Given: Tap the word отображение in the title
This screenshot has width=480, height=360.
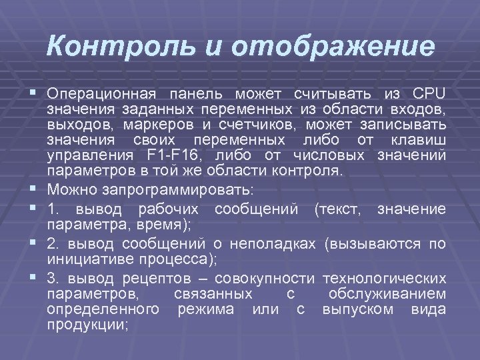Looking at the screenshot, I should click(333, 46).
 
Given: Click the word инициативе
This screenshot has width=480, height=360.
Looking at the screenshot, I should click(91, 260).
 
